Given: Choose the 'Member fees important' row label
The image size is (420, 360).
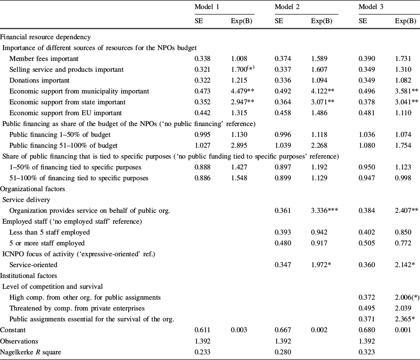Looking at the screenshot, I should pyautogui.click(x=44, y=59).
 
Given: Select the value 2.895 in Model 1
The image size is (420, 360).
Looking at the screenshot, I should pyautogui.click(x=239, y=145).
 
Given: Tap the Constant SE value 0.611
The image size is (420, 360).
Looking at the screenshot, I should pyautogui.click(x=202, y=330).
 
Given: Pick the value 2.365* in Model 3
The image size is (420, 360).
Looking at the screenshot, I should pyautogui.click(x=406, y=319).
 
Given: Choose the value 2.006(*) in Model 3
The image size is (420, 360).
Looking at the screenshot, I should pyautogui.click(x=407, y=297).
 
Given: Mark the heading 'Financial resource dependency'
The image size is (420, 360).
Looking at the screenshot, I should pyautogui.click(x=45, y=37).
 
